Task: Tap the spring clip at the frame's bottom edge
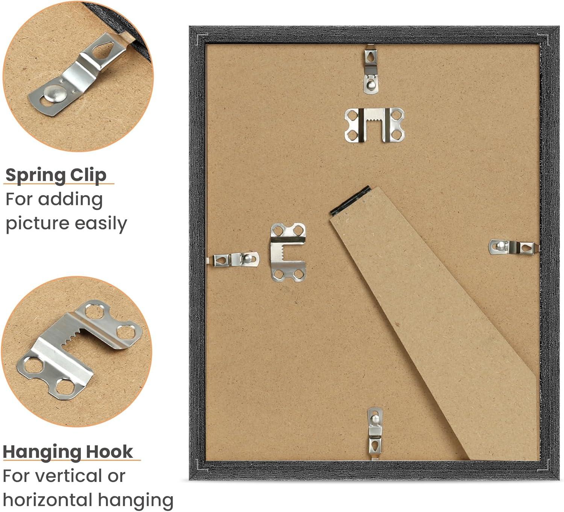(x=375, y=434)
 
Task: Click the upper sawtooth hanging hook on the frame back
(x=374, y=125)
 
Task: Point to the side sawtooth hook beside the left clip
(x=288, y=252)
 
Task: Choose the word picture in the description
(x=37, y=224)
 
